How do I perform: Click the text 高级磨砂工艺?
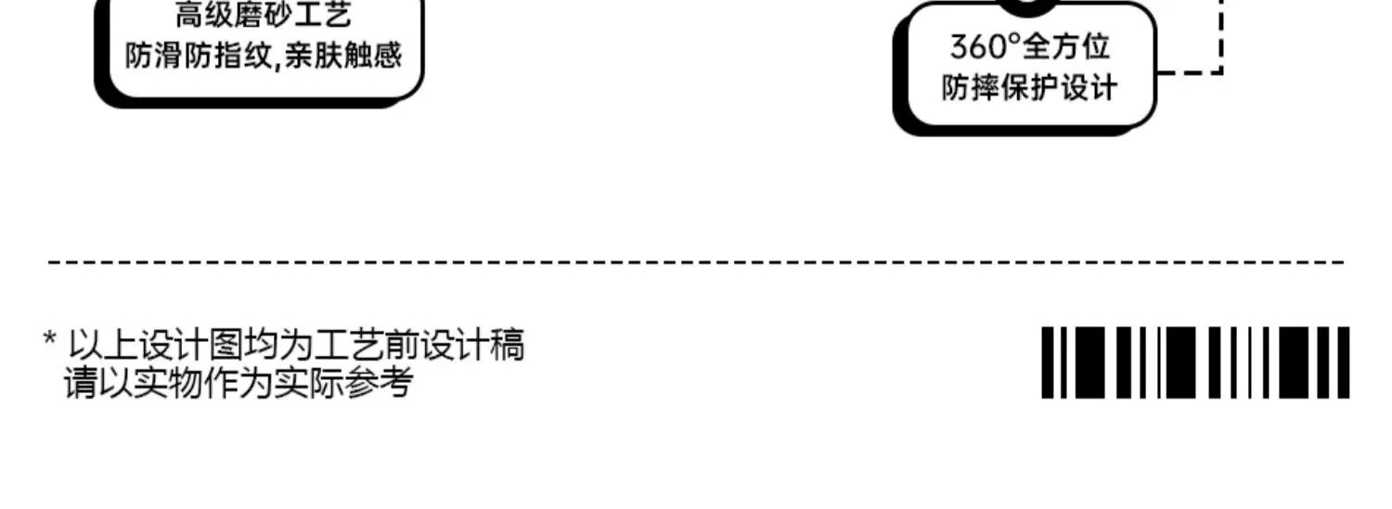click(264, 16)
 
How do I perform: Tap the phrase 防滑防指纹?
click(199, 56)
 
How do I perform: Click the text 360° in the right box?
click(985, 46)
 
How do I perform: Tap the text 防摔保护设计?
click(1029, 88)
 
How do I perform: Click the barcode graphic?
click(1195, 363)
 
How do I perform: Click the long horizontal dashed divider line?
click(696, 262)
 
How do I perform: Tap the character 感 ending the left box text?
click(390, 56)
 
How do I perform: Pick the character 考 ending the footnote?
click(395, 382)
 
